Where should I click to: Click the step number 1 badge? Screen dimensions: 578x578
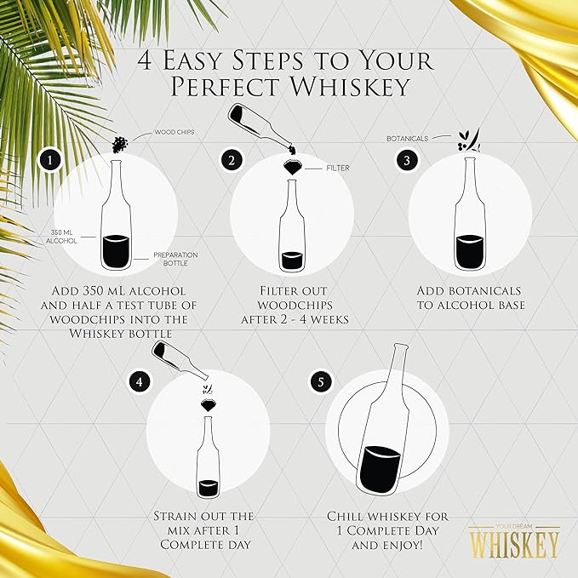tap(53, 159)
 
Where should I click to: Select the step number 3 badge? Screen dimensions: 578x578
tap(408, 159)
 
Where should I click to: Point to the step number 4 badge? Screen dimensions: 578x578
tap(140, 381)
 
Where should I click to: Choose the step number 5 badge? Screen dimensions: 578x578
tap(320, 381)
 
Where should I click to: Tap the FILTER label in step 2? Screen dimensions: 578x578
tap(338, 168)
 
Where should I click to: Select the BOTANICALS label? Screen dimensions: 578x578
tap(407, 137)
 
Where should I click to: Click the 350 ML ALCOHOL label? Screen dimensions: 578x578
tap(63, 237)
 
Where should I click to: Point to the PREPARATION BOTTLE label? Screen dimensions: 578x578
tap(175, 259)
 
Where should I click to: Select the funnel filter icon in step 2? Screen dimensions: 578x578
tap(292, 167)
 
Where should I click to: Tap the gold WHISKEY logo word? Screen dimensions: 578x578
tap(513, 542)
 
